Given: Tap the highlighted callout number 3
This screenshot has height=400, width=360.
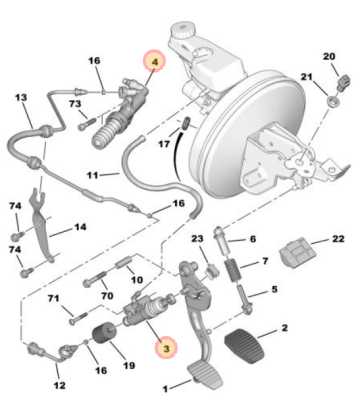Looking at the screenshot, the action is coord(166,348).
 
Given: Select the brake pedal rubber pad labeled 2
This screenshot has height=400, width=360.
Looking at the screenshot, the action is coord(245,346).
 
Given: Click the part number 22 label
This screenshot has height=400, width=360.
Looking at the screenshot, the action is coord(338,239).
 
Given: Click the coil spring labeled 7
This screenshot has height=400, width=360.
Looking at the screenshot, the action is coord(233,270).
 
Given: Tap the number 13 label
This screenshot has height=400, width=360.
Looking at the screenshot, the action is coord(21,97).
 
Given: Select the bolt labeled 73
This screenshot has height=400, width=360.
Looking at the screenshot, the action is coord(87,123).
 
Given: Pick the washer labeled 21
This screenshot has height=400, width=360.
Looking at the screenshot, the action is coord(334,101).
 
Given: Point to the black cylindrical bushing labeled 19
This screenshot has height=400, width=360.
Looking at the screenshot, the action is coord(103,332).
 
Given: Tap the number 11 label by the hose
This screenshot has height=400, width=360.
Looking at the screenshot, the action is coord(93,175).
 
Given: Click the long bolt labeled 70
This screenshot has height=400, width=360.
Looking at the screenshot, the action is coord(95,279).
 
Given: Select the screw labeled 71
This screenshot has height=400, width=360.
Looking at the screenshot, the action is coord(78,318).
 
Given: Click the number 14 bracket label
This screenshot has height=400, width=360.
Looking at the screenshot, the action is coord(80,227).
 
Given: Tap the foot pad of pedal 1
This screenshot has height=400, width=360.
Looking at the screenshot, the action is coord(205,375).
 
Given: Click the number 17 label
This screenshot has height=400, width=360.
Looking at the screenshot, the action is coord(164,144).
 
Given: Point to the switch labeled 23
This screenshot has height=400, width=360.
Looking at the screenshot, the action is coord(211,270).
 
